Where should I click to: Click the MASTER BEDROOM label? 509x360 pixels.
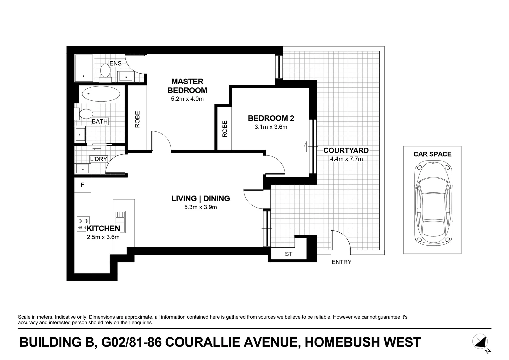click(x=187, y=86)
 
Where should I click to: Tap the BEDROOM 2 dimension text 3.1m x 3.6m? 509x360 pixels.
click(x=271, y=127)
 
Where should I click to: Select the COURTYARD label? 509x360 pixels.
click(x=346, y=150)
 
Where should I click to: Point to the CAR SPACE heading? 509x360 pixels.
click(x=432, y=154)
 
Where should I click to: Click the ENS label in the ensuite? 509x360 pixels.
click(x=116, y=63)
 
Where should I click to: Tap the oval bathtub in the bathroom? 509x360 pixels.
click(x=100, y=94)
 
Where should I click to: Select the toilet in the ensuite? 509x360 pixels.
click(x=105, y=71)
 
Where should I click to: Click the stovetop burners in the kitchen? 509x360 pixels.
click(x=83, y=224)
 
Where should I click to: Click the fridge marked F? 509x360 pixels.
click(x=82, y=185)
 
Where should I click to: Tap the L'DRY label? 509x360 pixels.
click(x=98, y=159)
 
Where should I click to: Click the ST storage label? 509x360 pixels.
click(x=289, y=254)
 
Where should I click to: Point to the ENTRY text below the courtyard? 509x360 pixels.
click(x=341, y=262)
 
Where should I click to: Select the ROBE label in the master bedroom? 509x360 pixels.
click(x=137, y=119)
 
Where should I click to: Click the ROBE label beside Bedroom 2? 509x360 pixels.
click(x=225, y=129)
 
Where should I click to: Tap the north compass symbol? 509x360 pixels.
click(x=480, y=342)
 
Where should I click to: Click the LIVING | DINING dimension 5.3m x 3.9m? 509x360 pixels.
click(x=200, y=207)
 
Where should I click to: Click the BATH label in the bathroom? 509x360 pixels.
click(x=100, y=121)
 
